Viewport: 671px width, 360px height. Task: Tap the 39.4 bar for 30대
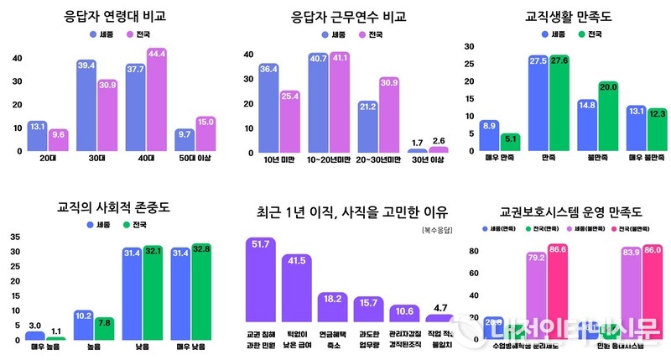point(86,107)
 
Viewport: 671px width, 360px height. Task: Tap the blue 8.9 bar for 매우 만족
point(489,135)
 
